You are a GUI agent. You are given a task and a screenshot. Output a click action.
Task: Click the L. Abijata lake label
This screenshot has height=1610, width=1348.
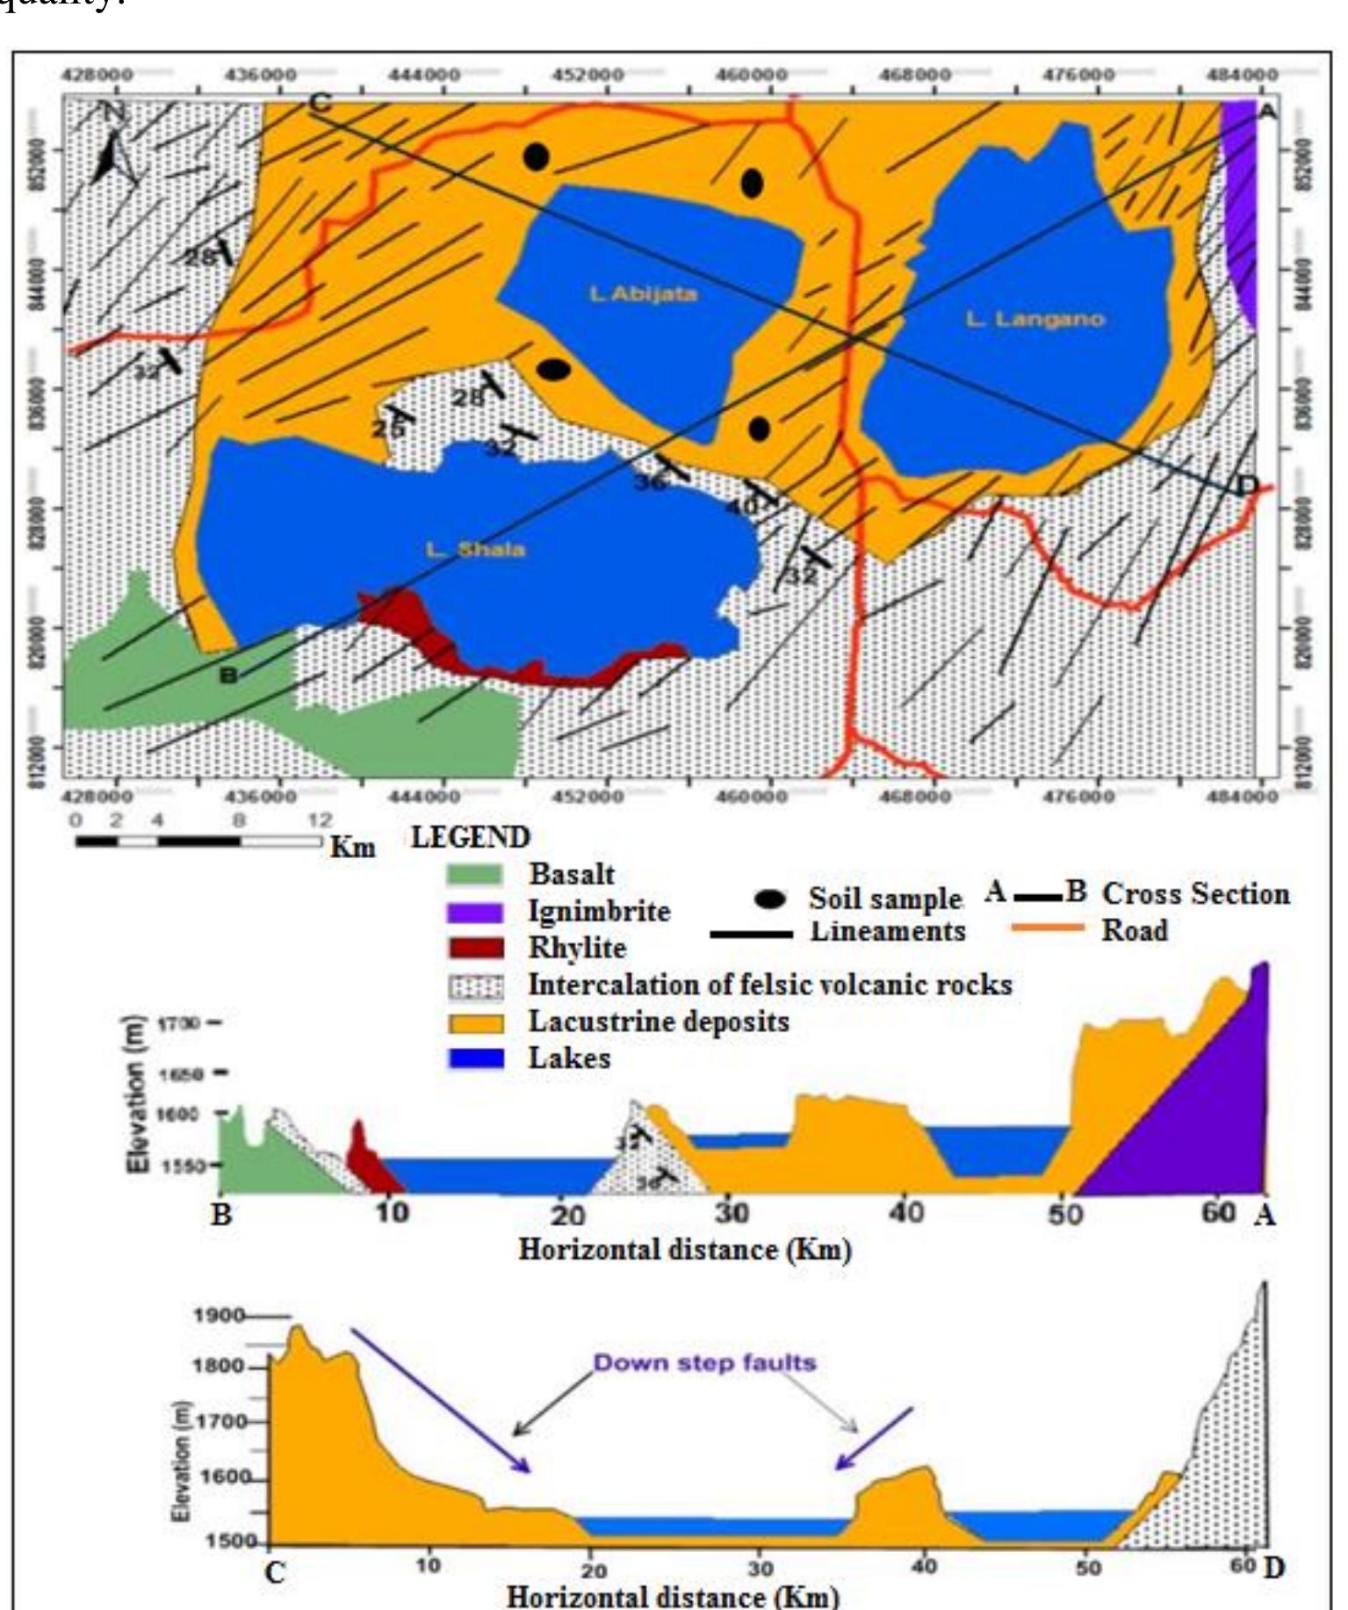(643, 293)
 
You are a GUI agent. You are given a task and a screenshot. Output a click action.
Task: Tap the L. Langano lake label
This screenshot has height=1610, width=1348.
(1034, 319)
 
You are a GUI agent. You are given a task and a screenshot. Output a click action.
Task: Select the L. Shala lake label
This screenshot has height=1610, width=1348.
(475, 550)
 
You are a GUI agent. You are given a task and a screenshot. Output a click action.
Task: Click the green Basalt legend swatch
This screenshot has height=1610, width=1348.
(475, 875)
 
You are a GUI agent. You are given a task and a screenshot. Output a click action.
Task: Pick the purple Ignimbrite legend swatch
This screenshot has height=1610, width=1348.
(475, 912)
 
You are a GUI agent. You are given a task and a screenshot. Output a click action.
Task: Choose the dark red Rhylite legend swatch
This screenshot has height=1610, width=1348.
(475, 949)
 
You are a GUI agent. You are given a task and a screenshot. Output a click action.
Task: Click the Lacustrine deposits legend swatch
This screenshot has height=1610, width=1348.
(475, 1023)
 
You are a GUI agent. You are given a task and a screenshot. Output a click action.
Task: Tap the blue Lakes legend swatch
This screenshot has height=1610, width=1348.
(475, 1059)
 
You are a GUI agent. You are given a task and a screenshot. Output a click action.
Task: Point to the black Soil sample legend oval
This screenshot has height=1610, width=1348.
(770, 899)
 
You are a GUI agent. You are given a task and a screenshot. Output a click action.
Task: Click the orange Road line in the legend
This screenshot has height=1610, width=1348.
(1046, 928)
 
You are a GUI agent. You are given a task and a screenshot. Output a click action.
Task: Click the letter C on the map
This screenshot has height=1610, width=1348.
(321, 103)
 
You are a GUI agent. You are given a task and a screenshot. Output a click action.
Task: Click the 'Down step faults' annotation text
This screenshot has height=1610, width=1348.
(704, 1363)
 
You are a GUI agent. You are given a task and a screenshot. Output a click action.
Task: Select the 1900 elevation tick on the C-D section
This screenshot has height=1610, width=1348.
(219, 1316)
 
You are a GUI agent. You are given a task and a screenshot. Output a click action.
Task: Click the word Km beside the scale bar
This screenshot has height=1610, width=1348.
(353, 848)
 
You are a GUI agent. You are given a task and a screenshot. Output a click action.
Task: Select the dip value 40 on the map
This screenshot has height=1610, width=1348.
(742, 507)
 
